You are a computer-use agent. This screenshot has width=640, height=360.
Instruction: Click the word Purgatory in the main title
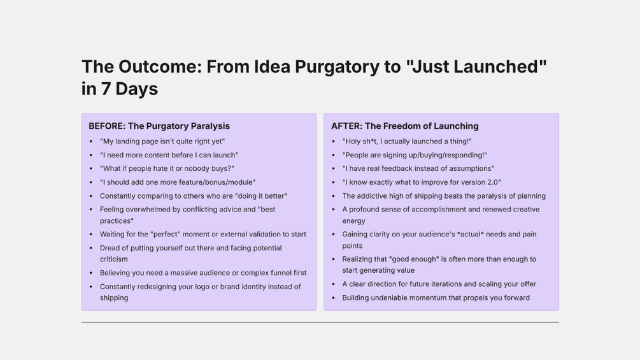tap(337, 67)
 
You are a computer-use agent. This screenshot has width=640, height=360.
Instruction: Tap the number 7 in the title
tap(106, 89)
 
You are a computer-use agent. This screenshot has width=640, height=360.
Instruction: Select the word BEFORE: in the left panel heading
tap(107, 126)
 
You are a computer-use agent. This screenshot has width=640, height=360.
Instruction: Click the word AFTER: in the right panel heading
tap(346, 126)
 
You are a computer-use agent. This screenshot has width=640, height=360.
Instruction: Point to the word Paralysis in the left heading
tap(211, 126)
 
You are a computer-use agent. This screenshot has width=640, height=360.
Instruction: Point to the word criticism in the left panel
tap(114, 259)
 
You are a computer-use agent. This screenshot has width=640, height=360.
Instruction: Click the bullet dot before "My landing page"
tap(90, 141)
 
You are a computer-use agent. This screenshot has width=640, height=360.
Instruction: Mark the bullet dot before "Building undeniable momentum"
tap(333, 298)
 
